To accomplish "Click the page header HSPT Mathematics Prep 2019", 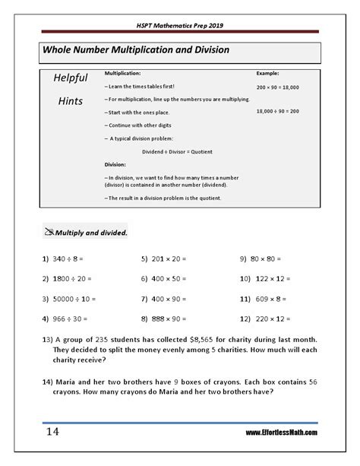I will (180, 25).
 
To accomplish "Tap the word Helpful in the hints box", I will (71, 78).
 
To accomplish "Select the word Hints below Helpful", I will (70, 100).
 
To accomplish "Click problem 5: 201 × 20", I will (169, 258).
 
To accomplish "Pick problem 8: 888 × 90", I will (169, 319).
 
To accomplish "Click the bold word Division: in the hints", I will (116, 163).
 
